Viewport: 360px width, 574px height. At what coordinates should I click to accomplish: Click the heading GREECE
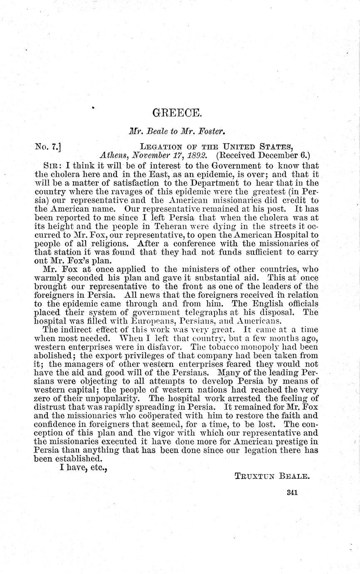172,113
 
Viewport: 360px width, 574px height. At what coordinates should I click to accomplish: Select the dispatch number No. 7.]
48,146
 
